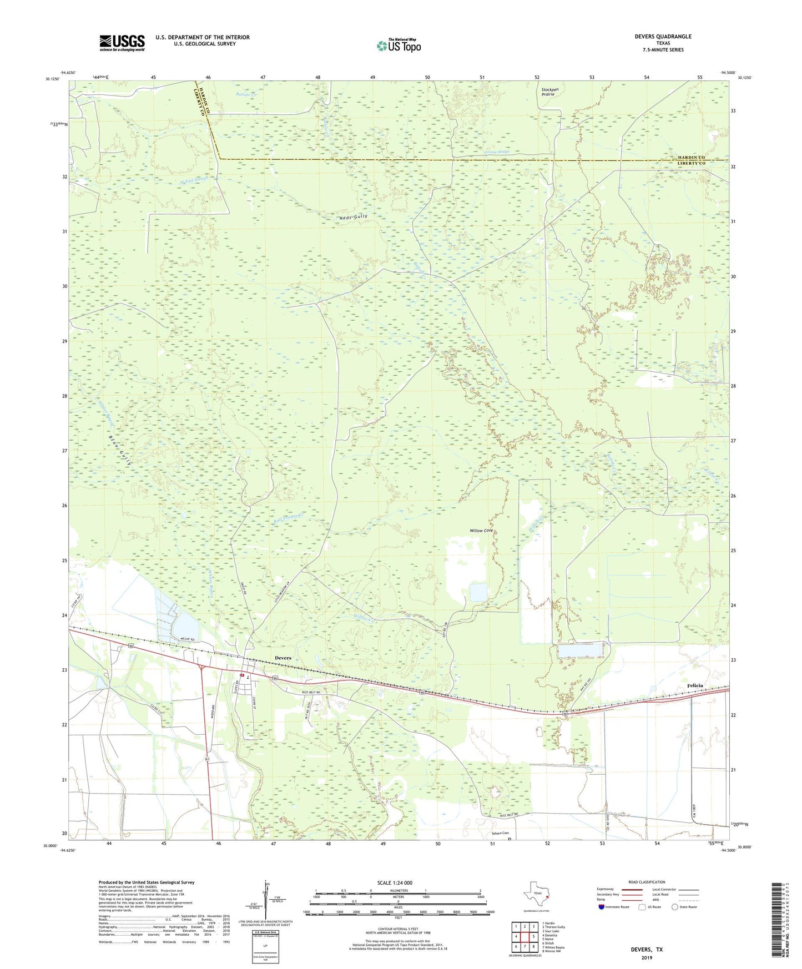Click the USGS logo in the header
click(122, 42)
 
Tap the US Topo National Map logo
click(399, 45)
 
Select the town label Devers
click(283, 658)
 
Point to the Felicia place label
click(695, 685)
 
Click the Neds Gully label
click(353, 216)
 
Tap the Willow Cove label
click(481, 531)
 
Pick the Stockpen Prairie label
click(549, 92)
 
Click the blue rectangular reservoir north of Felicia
click(579, 650)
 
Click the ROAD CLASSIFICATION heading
click(647, 882)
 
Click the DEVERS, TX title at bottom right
click(647, 950)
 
